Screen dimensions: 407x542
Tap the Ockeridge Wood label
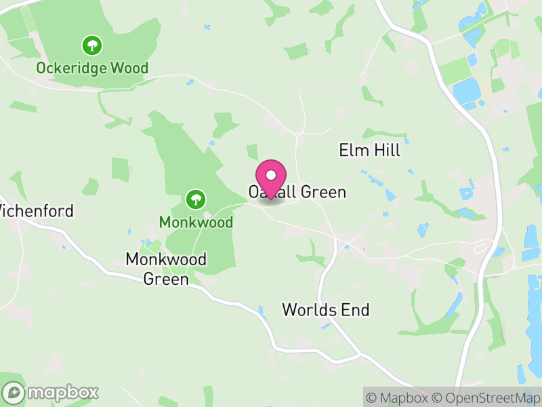pyautogui.click(x=92, y=69)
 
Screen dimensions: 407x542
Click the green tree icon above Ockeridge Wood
pyautogui.click(x=92, y=46)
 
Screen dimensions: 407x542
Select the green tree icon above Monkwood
pyautogui.click(x=196, y=199)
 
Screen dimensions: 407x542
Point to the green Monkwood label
pyautogui.click(x=196, y=222)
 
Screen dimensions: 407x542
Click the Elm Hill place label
pyautogui.click(x=369, y=151)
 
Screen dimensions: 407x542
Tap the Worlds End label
pyautogui.click(x=326, y=311)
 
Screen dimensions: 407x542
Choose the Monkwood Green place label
pyautogui.click(x=166, y=269)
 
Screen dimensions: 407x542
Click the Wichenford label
pyautogui.click(x=35, y=211)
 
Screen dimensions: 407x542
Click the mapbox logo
pyautogui.click(x=51, y=392)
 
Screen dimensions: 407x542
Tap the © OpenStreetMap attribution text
pyautogui.click(x=486, y=398)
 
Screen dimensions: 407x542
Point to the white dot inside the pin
pyautogui.click(x=271, y=175)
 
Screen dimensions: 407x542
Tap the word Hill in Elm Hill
pyautogui.click(x=387, y=151)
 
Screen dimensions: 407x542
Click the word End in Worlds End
pyautogui.click(x=356, y=311)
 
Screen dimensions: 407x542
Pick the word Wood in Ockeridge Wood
pyautogui.click(x=131, y=69)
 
